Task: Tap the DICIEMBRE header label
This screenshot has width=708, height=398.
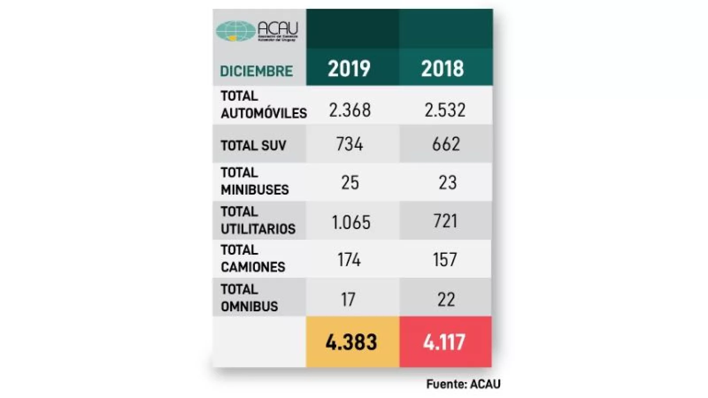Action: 256,71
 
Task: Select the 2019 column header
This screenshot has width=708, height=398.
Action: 349,69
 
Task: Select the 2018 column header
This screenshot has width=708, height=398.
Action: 442,69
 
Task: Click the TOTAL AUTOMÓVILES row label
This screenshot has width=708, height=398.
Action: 263,105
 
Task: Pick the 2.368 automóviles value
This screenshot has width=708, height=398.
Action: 350,110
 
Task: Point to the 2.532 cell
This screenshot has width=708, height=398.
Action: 445,110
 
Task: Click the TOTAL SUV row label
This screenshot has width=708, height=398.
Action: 253,145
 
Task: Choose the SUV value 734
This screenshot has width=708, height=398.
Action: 350,144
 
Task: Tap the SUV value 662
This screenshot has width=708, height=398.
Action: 446,144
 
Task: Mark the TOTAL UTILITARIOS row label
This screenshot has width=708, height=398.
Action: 258,220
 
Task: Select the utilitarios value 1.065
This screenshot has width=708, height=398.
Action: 351,222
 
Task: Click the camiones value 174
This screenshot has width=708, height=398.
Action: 349,260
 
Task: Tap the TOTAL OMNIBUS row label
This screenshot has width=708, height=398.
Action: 249,298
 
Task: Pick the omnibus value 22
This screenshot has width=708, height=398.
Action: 446,300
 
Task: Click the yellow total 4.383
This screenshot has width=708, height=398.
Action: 351,342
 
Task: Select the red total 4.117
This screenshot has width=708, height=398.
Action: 444,342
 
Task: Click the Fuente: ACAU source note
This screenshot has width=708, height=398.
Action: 463,384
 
